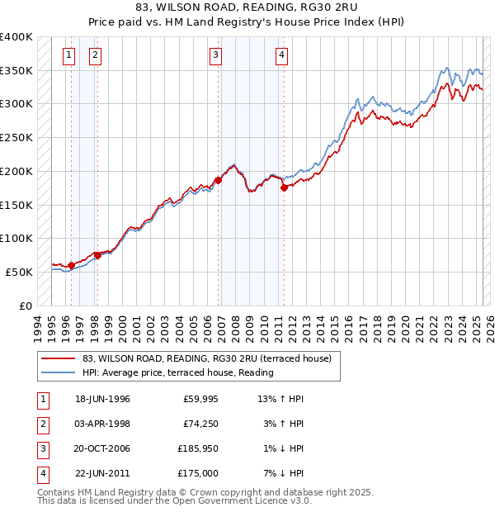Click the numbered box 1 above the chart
pos(68,55)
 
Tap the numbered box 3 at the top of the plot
pos(215,55)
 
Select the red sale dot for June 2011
pos(284,187)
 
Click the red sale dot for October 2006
pos(219,180)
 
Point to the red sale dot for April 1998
pos(97,255)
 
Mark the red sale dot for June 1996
pos(72,265)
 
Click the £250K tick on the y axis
pos(17,138)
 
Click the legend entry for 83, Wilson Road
pos(206,358)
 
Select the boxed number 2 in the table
pos(42,424)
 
